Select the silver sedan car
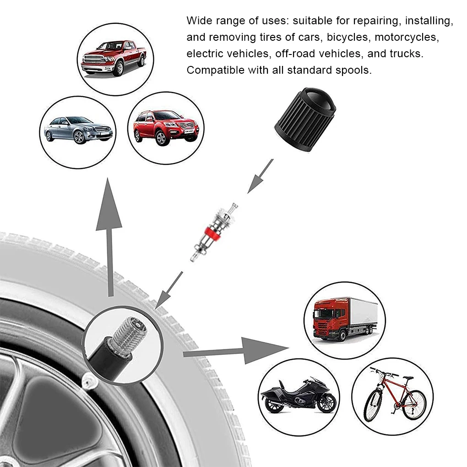click(x=78, y=130)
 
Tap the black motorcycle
click(x=299, y=395)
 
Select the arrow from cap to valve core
click(x=260, y=176)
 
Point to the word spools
click(x=355, y=70)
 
